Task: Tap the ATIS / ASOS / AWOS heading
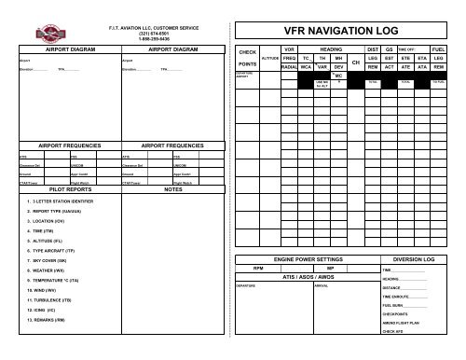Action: pos(308,277)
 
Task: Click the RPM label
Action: pos(272,267)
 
